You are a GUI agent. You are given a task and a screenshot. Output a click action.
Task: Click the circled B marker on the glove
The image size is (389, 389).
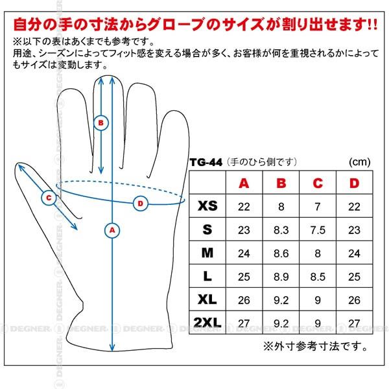click(101, 123)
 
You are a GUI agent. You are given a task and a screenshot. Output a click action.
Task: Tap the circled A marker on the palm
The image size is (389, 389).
click(112, 230)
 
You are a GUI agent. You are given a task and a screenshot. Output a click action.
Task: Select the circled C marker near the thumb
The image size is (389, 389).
click(49, 198)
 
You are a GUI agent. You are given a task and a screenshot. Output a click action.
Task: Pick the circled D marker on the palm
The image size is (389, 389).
click(141, 204)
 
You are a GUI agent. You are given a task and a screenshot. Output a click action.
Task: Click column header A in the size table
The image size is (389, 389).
click(244, 183)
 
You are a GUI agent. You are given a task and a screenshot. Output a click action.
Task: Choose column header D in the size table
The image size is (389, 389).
click(354, 183)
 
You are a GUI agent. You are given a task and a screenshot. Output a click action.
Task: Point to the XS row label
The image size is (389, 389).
click(207, 206)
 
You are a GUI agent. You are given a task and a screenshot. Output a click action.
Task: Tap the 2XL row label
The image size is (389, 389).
click(207, 323)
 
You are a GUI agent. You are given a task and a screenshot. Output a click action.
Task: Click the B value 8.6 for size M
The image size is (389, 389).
click(281, 253)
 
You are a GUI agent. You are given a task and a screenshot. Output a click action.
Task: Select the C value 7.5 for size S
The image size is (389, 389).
click(318, 230)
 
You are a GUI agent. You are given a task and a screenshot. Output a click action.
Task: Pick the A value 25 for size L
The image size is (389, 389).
click(244, 277)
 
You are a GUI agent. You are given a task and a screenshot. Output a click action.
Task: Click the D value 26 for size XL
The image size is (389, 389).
click(354, 300)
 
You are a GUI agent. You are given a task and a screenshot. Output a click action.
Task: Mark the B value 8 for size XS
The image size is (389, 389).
click(281, 207)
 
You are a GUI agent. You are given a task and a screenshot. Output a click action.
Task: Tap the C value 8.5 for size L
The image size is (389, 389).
click(318, 277)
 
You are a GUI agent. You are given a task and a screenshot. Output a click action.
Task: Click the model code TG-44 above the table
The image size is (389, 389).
click(206, 163)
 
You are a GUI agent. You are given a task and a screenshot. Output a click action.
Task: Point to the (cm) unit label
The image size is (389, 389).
click(360, 162)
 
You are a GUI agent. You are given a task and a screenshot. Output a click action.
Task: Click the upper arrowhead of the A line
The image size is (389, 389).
click(112, 80)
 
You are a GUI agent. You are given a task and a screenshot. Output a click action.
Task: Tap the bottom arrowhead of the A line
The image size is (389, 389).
click(112, 348)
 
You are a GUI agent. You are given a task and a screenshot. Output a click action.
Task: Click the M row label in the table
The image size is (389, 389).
click(207, 253)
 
